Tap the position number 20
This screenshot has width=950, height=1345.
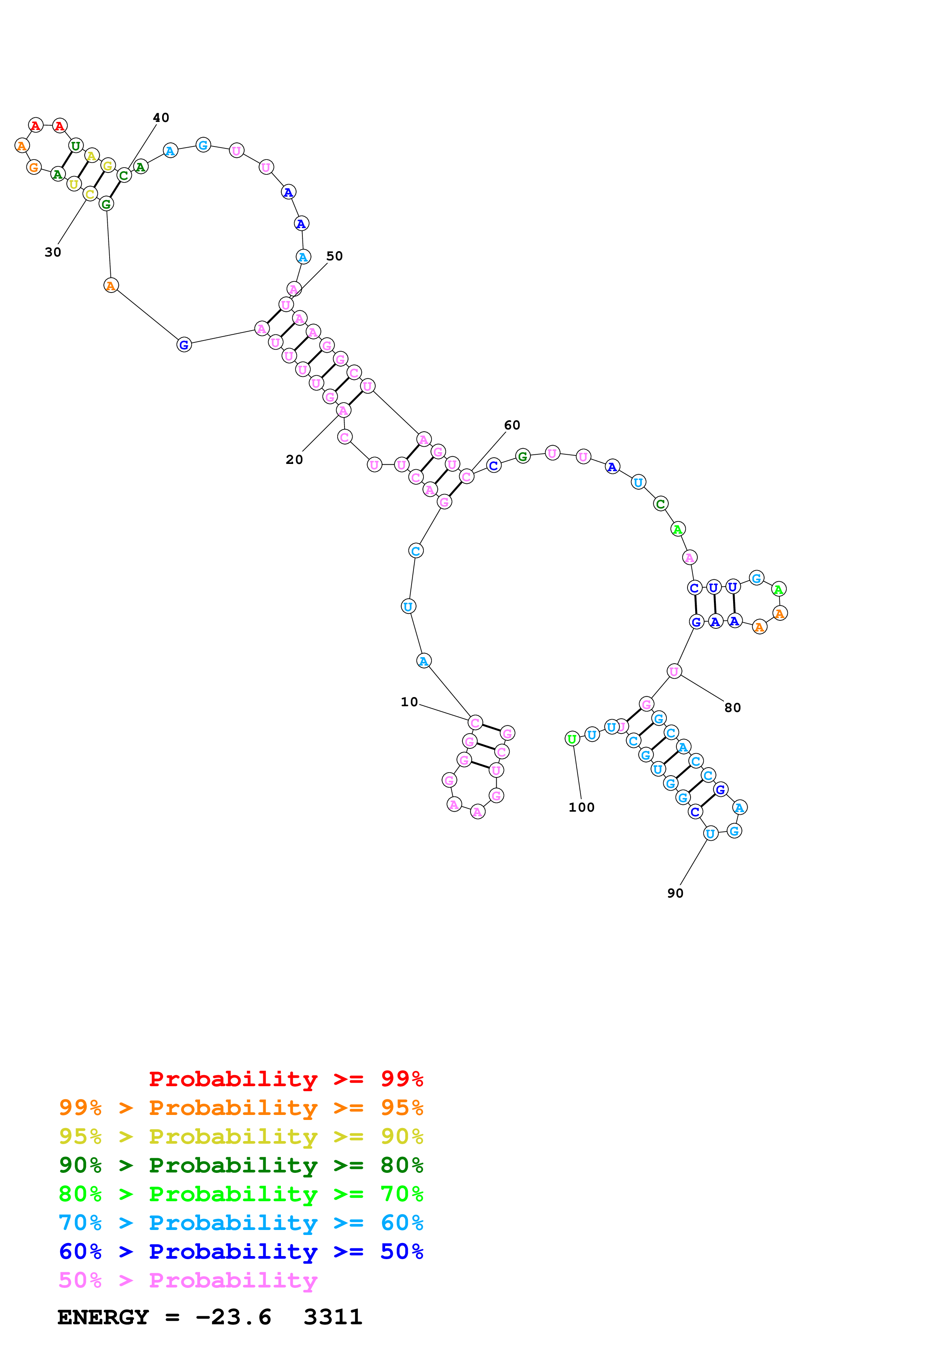point(294,460)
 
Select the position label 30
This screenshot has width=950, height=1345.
point(53,253)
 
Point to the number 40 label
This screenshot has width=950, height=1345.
point(161,118)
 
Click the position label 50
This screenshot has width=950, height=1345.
point(334,256)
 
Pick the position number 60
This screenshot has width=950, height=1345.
point(512,425)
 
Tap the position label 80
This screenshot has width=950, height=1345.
point(732,708)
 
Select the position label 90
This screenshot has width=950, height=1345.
point(676,893)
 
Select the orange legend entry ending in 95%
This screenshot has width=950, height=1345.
point(241,1108)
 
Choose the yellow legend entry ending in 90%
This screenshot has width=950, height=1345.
point(241,1136)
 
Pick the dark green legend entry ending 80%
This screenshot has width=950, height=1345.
point(241,1165)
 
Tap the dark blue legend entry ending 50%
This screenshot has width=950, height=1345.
point(241,1251)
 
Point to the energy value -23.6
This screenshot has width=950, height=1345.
point(233,1317)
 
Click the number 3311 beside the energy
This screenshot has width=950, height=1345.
point(333,1317)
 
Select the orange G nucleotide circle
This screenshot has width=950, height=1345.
point(34,168)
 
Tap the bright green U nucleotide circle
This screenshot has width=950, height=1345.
point(572,739)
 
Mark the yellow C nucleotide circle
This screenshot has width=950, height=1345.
point(90,194)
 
